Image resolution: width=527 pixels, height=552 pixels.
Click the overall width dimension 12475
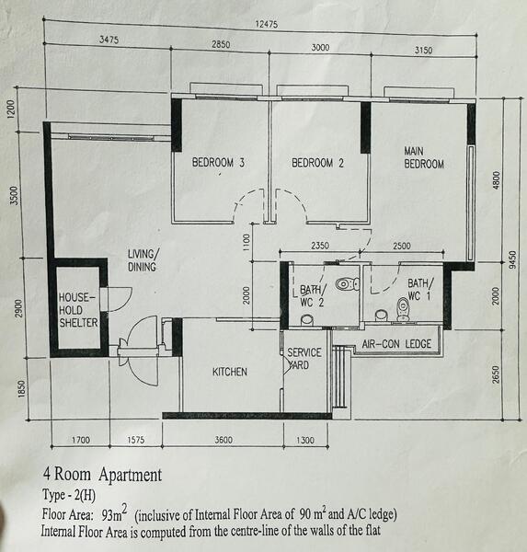267,24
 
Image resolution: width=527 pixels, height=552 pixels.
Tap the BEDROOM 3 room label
218,163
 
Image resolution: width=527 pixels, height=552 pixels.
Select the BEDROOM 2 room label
317,163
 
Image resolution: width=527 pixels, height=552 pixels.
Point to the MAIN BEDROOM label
424,157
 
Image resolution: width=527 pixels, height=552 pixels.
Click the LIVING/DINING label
143,260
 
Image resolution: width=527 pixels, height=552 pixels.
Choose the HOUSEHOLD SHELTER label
78,310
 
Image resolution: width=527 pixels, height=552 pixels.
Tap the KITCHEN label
230,372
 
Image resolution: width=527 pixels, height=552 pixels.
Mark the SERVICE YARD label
304,359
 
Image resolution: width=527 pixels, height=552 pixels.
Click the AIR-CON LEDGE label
396,344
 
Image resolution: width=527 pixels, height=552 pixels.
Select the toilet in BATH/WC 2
347,283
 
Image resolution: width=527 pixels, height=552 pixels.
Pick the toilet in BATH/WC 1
403,309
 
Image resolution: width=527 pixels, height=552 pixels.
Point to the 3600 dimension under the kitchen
223,440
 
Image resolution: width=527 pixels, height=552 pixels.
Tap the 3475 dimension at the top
109,39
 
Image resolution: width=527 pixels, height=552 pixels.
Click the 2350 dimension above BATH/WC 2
320,246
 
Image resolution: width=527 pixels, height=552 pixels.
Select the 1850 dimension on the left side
21,388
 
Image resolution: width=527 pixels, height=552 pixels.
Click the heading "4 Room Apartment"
102,475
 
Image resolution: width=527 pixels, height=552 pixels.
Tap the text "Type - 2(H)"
69,495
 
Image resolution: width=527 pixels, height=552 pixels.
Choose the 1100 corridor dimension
246,242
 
